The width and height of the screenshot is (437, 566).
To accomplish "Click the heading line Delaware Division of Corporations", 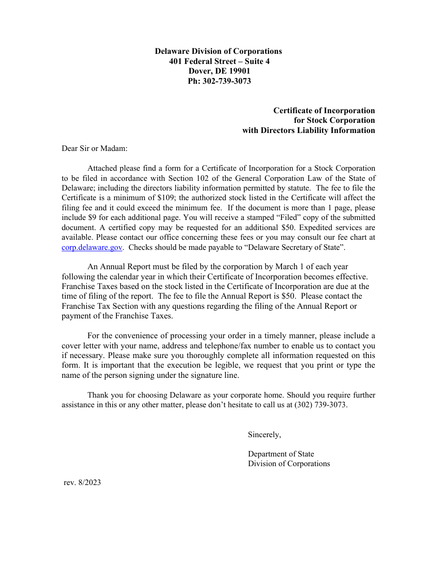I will (x=218, y=51).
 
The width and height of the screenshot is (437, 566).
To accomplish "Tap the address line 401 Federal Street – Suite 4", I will (x=219, y=61).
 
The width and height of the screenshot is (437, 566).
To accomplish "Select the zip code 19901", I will (x=239, y=71).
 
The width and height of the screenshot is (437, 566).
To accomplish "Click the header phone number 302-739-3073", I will (x=226, y=81).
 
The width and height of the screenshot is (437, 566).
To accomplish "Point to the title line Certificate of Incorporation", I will (x=324, y=110).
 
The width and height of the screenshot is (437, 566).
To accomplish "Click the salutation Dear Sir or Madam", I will (x=94, y=149).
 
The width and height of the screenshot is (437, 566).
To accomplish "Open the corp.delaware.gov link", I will (x=92, y=248).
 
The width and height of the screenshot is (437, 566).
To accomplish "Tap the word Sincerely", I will (x=264, y=434).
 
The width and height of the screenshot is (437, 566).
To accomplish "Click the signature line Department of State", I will (x=281, y=454).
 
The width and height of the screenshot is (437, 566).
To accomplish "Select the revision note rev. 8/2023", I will (x=82, y=483).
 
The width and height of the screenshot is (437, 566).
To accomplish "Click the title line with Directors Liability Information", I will (x=309, y=130).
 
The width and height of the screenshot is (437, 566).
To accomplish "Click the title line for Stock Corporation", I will (x=334, y=121).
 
